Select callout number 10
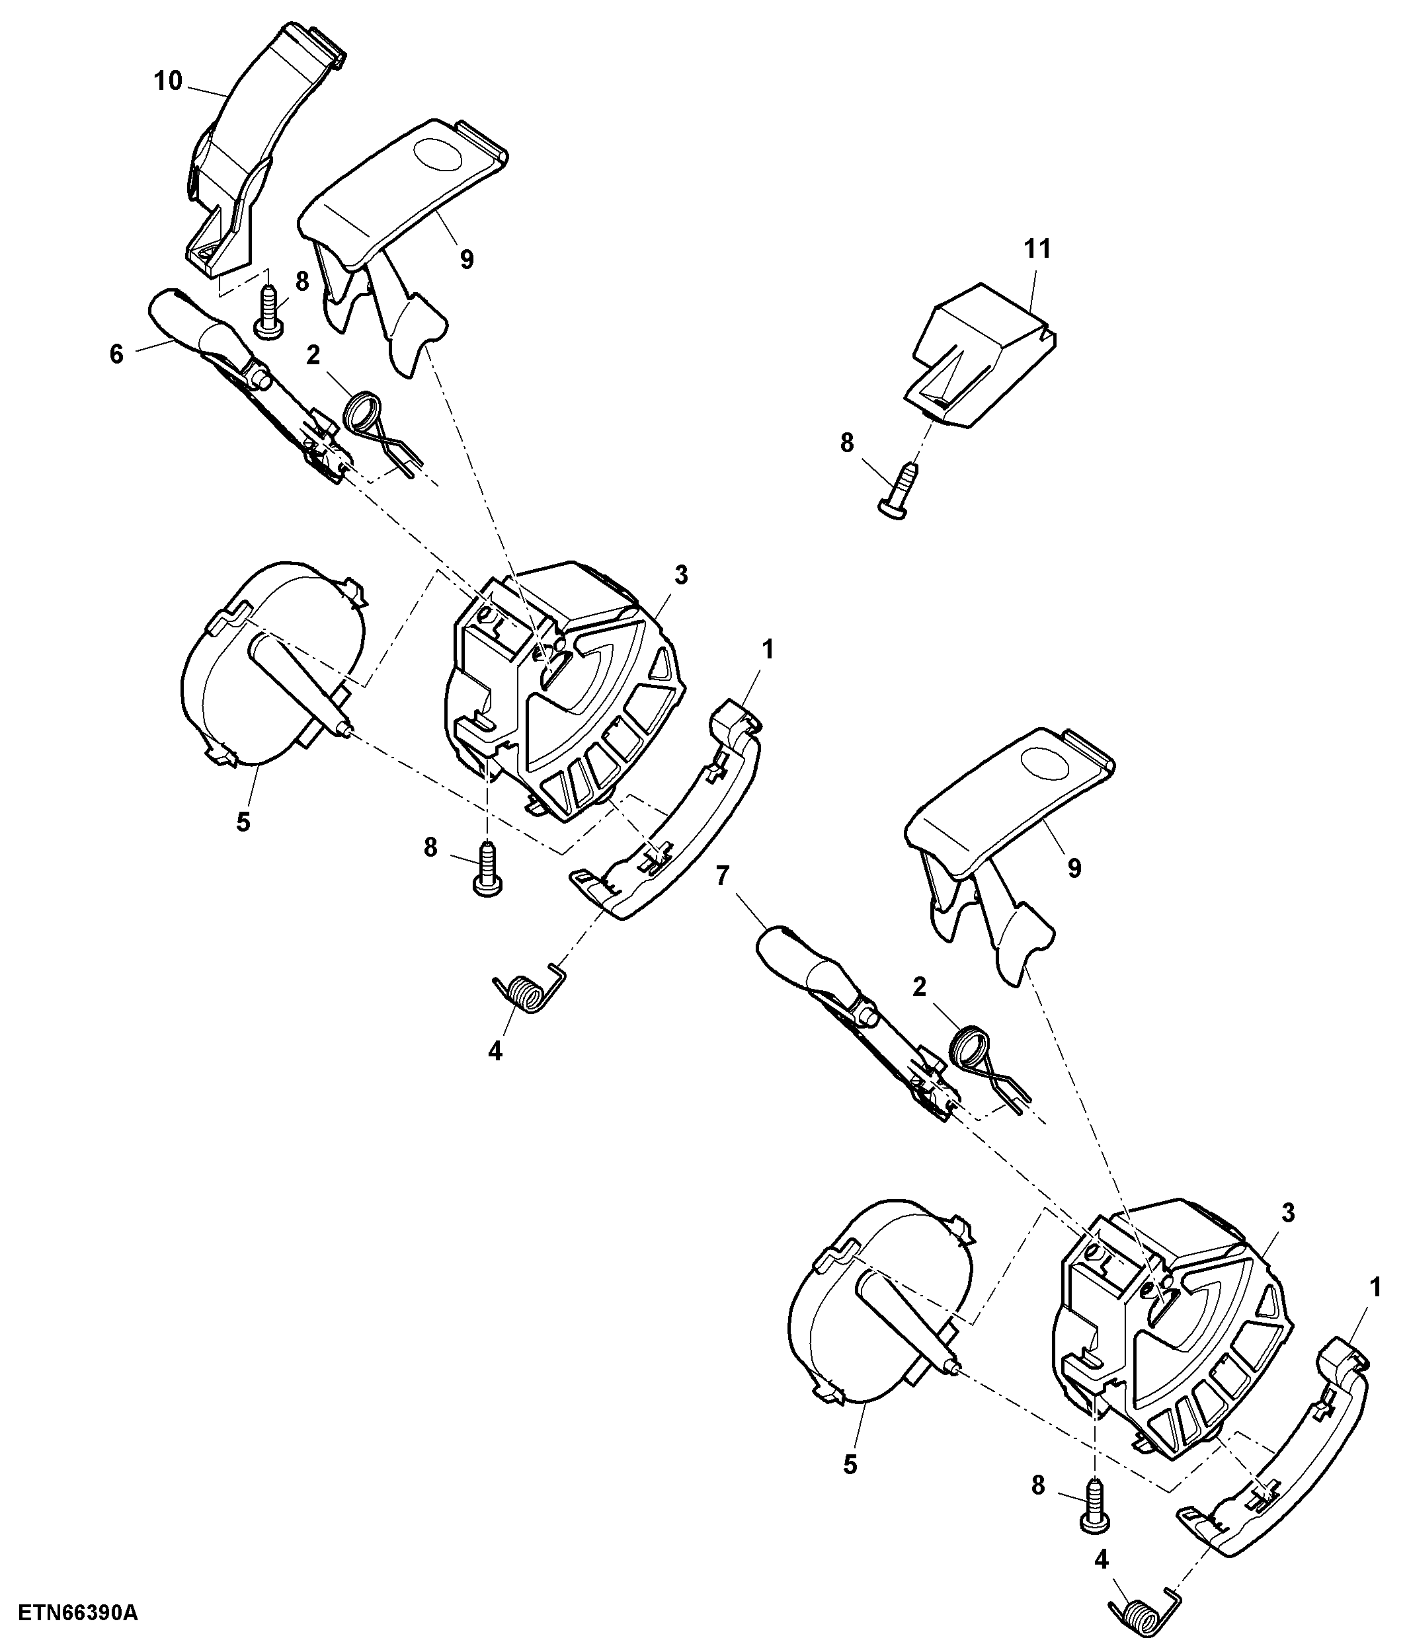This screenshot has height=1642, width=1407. (167, 81)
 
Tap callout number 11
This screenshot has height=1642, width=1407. (1037, 249)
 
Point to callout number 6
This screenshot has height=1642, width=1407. (116, 354)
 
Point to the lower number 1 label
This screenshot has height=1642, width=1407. (1375, 1288)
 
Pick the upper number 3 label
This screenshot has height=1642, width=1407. (681, 575)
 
